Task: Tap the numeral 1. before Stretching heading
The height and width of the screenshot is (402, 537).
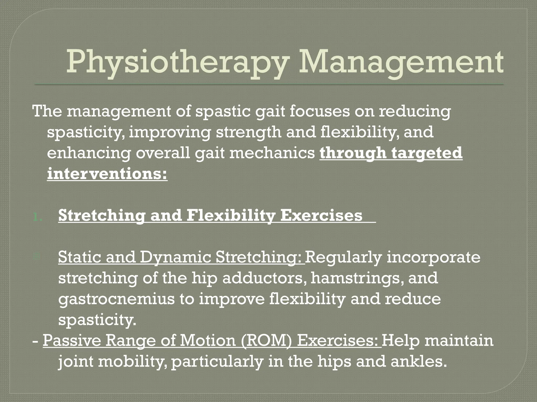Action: tap(38, 217)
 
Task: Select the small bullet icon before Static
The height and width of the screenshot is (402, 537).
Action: tap(37, 257)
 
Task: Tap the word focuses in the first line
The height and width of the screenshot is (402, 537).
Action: tap(320, 111)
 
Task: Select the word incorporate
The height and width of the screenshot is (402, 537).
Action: tap(433, 257)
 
